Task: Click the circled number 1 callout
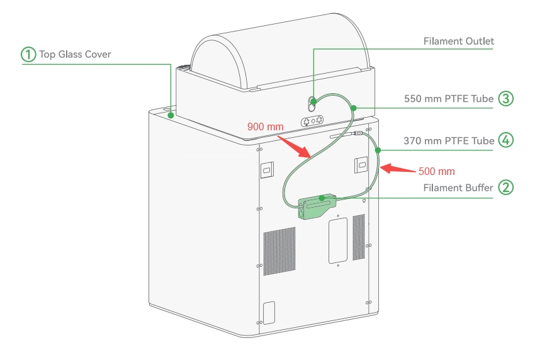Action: (x=29, y=54)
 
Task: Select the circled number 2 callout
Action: (x=505, y=188)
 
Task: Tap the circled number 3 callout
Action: (x=505, y=99)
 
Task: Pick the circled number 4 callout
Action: (x=505, y=140)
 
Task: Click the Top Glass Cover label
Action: (x=75, y=54)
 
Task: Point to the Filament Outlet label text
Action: (x=458, y=42)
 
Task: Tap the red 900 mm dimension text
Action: (x=265, y=127)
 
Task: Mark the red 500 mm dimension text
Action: (x=436, y=171)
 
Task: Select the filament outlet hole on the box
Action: (x=312, y=101)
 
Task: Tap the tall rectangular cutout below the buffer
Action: (x=337, y=240)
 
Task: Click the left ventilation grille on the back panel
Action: (x=279, y=251)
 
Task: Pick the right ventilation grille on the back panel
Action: (x=359, y=237)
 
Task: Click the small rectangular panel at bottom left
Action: (x=269, y=313)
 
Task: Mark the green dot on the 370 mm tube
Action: (x=379, y=150)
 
